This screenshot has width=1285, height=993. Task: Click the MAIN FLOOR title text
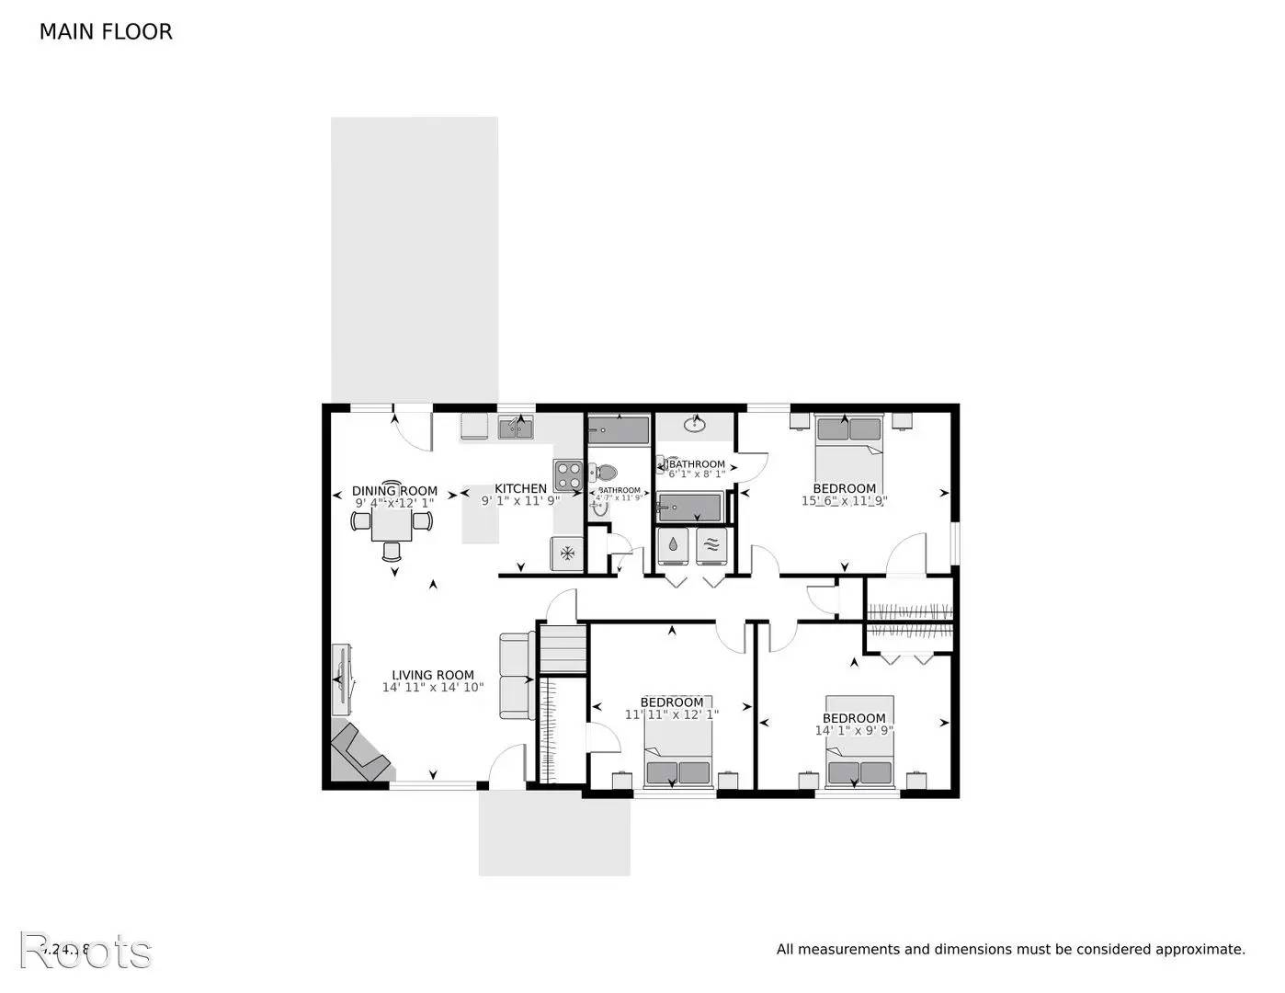[x=106, y=32]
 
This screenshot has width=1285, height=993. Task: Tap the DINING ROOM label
[x=394, y=491]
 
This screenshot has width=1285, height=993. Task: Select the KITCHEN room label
[x=520, y=488]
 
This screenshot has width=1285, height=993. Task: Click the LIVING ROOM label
[x=433, y=674]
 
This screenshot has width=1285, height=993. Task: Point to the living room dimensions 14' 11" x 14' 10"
[x=433, y=687]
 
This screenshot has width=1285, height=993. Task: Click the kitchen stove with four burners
[x=567, y=474]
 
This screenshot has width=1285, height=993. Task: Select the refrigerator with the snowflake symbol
[x=567, y=553]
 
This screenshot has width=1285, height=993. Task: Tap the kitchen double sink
[x=516, y=428]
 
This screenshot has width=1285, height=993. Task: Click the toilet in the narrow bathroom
[x=603, y=473]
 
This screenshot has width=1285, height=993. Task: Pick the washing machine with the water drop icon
[x=674, y=545]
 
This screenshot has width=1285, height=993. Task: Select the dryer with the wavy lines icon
[x=711, y=545]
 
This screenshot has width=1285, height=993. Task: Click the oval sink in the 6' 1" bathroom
[x=695, y=425]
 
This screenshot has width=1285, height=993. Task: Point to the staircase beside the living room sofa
[x=562, y=649]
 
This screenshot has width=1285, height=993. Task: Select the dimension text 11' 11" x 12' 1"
[x=672, y=714]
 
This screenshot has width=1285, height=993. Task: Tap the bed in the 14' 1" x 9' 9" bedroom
[x=859, y=754]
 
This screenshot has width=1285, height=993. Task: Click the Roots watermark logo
[x=85, y=951]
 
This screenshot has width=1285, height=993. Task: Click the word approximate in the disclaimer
[x=1200, y=950]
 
